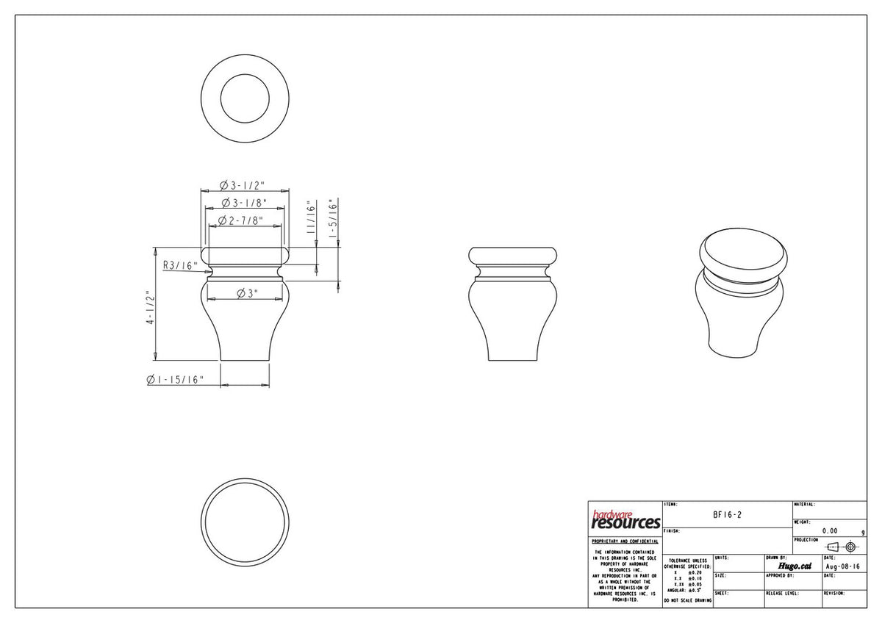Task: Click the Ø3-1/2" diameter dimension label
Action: (x=244, y=184)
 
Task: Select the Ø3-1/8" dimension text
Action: (x=244, y=202)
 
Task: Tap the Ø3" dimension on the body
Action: (x=247, y=293)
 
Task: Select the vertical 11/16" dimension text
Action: (x=312, y=219)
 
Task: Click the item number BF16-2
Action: (x=727, y=515)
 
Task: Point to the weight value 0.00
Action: (x=830, y=530)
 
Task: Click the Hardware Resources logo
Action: (x=625, y=520)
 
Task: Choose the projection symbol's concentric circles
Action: (x=850, y=547)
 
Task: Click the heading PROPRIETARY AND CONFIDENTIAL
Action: (x=625, y=541)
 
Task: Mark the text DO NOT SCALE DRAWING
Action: (x=687, y=600)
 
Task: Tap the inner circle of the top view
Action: (x=245, y=98)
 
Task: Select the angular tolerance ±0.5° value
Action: (x=694, y=590)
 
